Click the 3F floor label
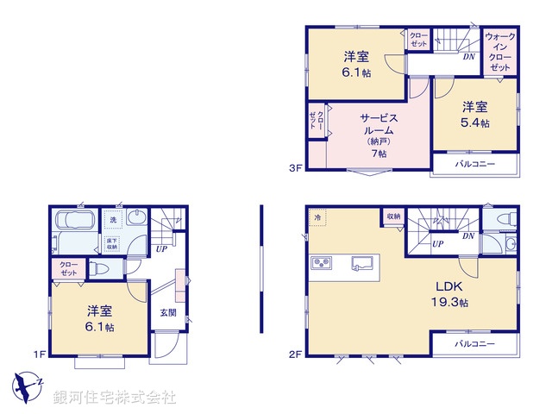point(294,168)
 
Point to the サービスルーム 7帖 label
point(377,135)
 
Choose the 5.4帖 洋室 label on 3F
point(474,116)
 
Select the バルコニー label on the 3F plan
point(475,164)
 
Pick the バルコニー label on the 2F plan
point(475,345)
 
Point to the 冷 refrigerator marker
point(317,217)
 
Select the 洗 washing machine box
point(112,220)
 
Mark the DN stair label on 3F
point(468,57)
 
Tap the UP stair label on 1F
point(161,249)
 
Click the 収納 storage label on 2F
point(393,216)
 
